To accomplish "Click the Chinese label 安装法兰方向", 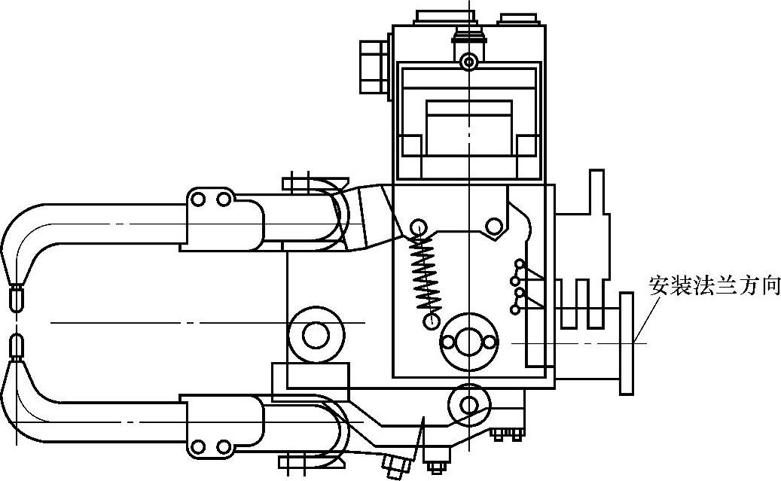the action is pos(714,286).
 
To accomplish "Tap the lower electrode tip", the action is pos(16,347).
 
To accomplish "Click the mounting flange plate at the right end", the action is pos(627,343).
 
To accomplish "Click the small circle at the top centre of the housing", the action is pos(469,60).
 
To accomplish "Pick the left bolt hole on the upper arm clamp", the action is pos(198,199).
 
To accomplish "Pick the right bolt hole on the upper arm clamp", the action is pos(223,199).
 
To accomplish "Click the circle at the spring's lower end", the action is pos(432,321).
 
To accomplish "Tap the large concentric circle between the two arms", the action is pos(316,334).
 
